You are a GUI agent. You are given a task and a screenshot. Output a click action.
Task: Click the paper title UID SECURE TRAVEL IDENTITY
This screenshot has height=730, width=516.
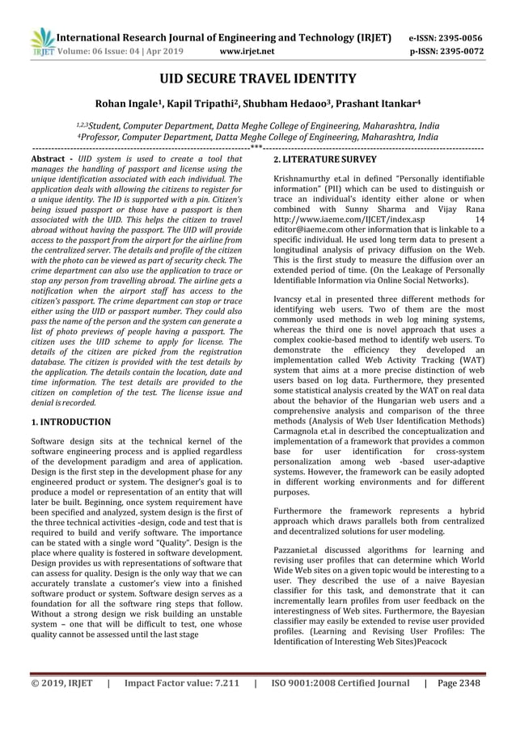point(257,79)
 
